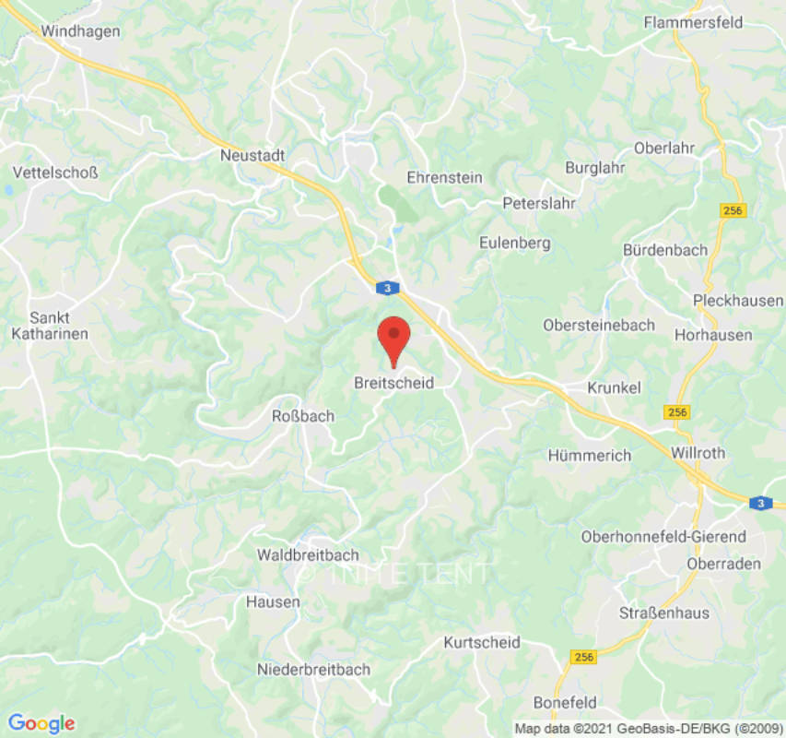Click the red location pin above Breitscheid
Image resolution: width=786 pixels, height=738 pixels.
(394, 338)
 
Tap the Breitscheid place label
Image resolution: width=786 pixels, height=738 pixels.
(393, 383)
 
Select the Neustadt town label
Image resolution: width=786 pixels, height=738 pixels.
(252, 156)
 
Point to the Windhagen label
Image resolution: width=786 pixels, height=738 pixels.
(80, 31)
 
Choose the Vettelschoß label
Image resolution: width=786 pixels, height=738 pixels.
(55, 173)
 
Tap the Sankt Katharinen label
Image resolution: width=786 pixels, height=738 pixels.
(50, 325)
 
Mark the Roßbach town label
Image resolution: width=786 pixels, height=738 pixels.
(303, 416)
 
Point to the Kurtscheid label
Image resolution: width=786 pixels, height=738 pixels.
(482, 642)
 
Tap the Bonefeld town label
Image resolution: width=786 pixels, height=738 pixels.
(565, 701)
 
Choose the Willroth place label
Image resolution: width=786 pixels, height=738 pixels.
(698, 453)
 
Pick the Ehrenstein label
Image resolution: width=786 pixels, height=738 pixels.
(445, 177)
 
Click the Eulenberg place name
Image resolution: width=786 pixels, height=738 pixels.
(515, 244)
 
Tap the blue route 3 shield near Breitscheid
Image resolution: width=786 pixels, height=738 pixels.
(389, 289)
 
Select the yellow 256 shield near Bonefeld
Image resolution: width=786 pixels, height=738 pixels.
(584, 657)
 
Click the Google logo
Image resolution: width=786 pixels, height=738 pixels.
(41, 723)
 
